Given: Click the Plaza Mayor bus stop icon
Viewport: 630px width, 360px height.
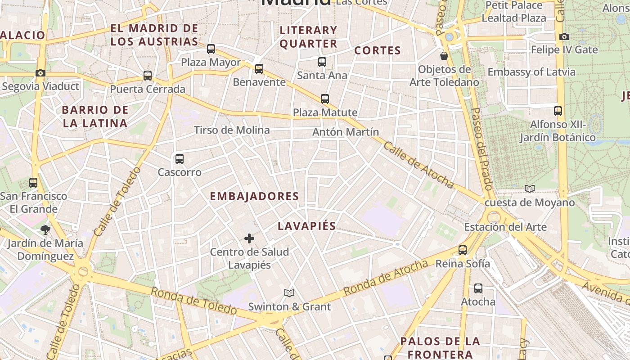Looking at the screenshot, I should [x=211, y=49].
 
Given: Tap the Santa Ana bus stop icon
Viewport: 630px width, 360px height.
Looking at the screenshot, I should [x=322, y=62].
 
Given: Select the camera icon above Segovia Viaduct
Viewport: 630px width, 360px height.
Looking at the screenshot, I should [x=40, y=73].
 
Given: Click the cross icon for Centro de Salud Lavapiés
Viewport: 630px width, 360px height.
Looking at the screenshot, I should [x=249, y=238].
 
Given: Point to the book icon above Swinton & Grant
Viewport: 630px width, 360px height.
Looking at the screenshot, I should [x=289, y=293].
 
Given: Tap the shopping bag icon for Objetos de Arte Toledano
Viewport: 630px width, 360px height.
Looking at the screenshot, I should [x=444, y=56].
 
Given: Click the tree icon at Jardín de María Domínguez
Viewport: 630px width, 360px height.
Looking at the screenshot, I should [x=45, y=230].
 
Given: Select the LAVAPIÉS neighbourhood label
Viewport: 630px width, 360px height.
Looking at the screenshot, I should [x=307, y=226].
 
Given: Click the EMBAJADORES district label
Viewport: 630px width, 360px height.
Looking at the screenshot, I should [x=254, y=196].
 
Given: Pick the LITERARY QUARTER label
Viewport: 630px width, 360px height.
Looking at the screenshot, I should [x=308, y=37].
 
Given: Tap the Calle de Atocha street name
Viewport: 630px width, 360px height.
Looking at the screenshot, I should [x=418, y=165].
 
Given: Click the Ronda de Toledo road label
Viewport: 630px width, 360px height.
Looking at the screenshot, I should [x=193, y=301].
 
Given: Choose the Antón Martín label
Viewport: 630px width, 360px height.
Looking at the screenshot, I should [x=346, y=132].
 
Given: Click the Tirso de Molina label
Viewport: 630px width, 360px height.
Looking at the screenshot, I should [x=232, y=130].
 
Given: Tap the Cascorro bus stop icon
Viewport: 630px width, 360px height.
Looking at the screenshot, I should [x=180, y=158].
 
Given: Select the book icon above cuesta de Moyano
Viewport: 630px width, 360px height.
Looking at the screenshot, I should [x=530, y=189].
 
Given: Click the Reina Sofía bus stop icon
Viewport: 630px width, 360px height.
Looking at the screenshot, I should [x=463, y=250].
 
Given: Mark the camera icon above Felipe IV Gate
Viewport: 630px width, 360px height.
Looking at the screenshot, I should [x=564, y=36].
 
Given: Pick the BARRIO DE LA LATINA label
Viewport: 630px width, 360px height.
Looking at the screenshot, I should [x=95, y=117].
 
